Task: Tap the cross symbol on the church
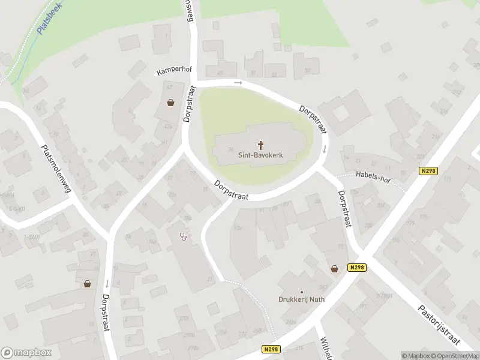click(x=261, y=145)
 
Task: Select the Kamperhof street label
click(x=174, y=71)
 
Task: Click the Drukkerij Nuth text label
click(x=302, y=300)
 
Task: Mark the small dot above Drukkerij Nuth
click(x=302, y=292)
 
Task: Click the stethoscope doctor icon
click(x=184, y=235)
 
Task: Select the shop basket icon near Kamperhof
click(x=171, y=103)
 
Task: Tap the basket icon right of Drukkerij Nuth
click(x=334, y=269)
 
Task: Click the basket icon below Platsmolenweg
click(x=88, y=284)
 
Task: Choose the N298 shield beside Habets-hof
click(x=428, y=171)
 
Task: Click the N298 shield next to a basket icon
click(x=356, y=268)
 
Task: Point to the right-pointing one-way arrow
click(x=238, y=82)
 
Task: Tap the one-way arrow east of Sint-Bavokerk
click(x=324, y=149)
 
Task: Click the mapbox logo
click(x=26, y=352)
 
